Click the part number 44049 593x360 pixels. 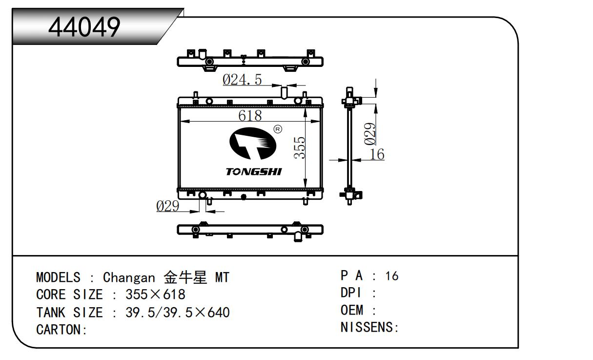pyautogui.click(x=84, y=27)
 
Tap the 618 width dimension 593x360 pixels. pyautogui.click(x=250, y=116)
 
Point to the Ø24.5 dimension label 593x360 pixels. pyautogui.click(x=242, y=79)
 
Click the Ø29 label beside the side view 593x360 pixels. pyautogui.click(x=370, y=133)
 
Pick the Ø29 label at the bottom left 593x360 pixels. pyautogui.click(x=168, y=206)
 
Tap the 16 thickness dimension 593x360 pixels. pyautogui.click(x=377, y=154)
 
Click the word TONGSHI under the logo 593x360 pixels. pyautogui.click(x=253, y=172)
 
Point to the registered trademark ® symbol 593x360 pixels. pyautogui.click(x=278, y=129)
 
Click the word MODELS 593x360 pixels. pyautogui.click(x=58, y=277)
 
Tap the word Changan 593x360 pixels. pyautogui.click(x=128, y=277)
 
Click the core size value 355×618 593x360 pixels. pyautogui.click(x=155, y=295)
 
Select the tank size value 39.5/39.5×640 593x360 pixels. pyautogui.click(x=178, y=312)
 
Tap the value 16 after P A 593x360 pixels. pyautogui.click(x=391, y=276)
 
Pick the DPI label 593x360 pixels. pyautogui.click(x=350, y=293)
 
